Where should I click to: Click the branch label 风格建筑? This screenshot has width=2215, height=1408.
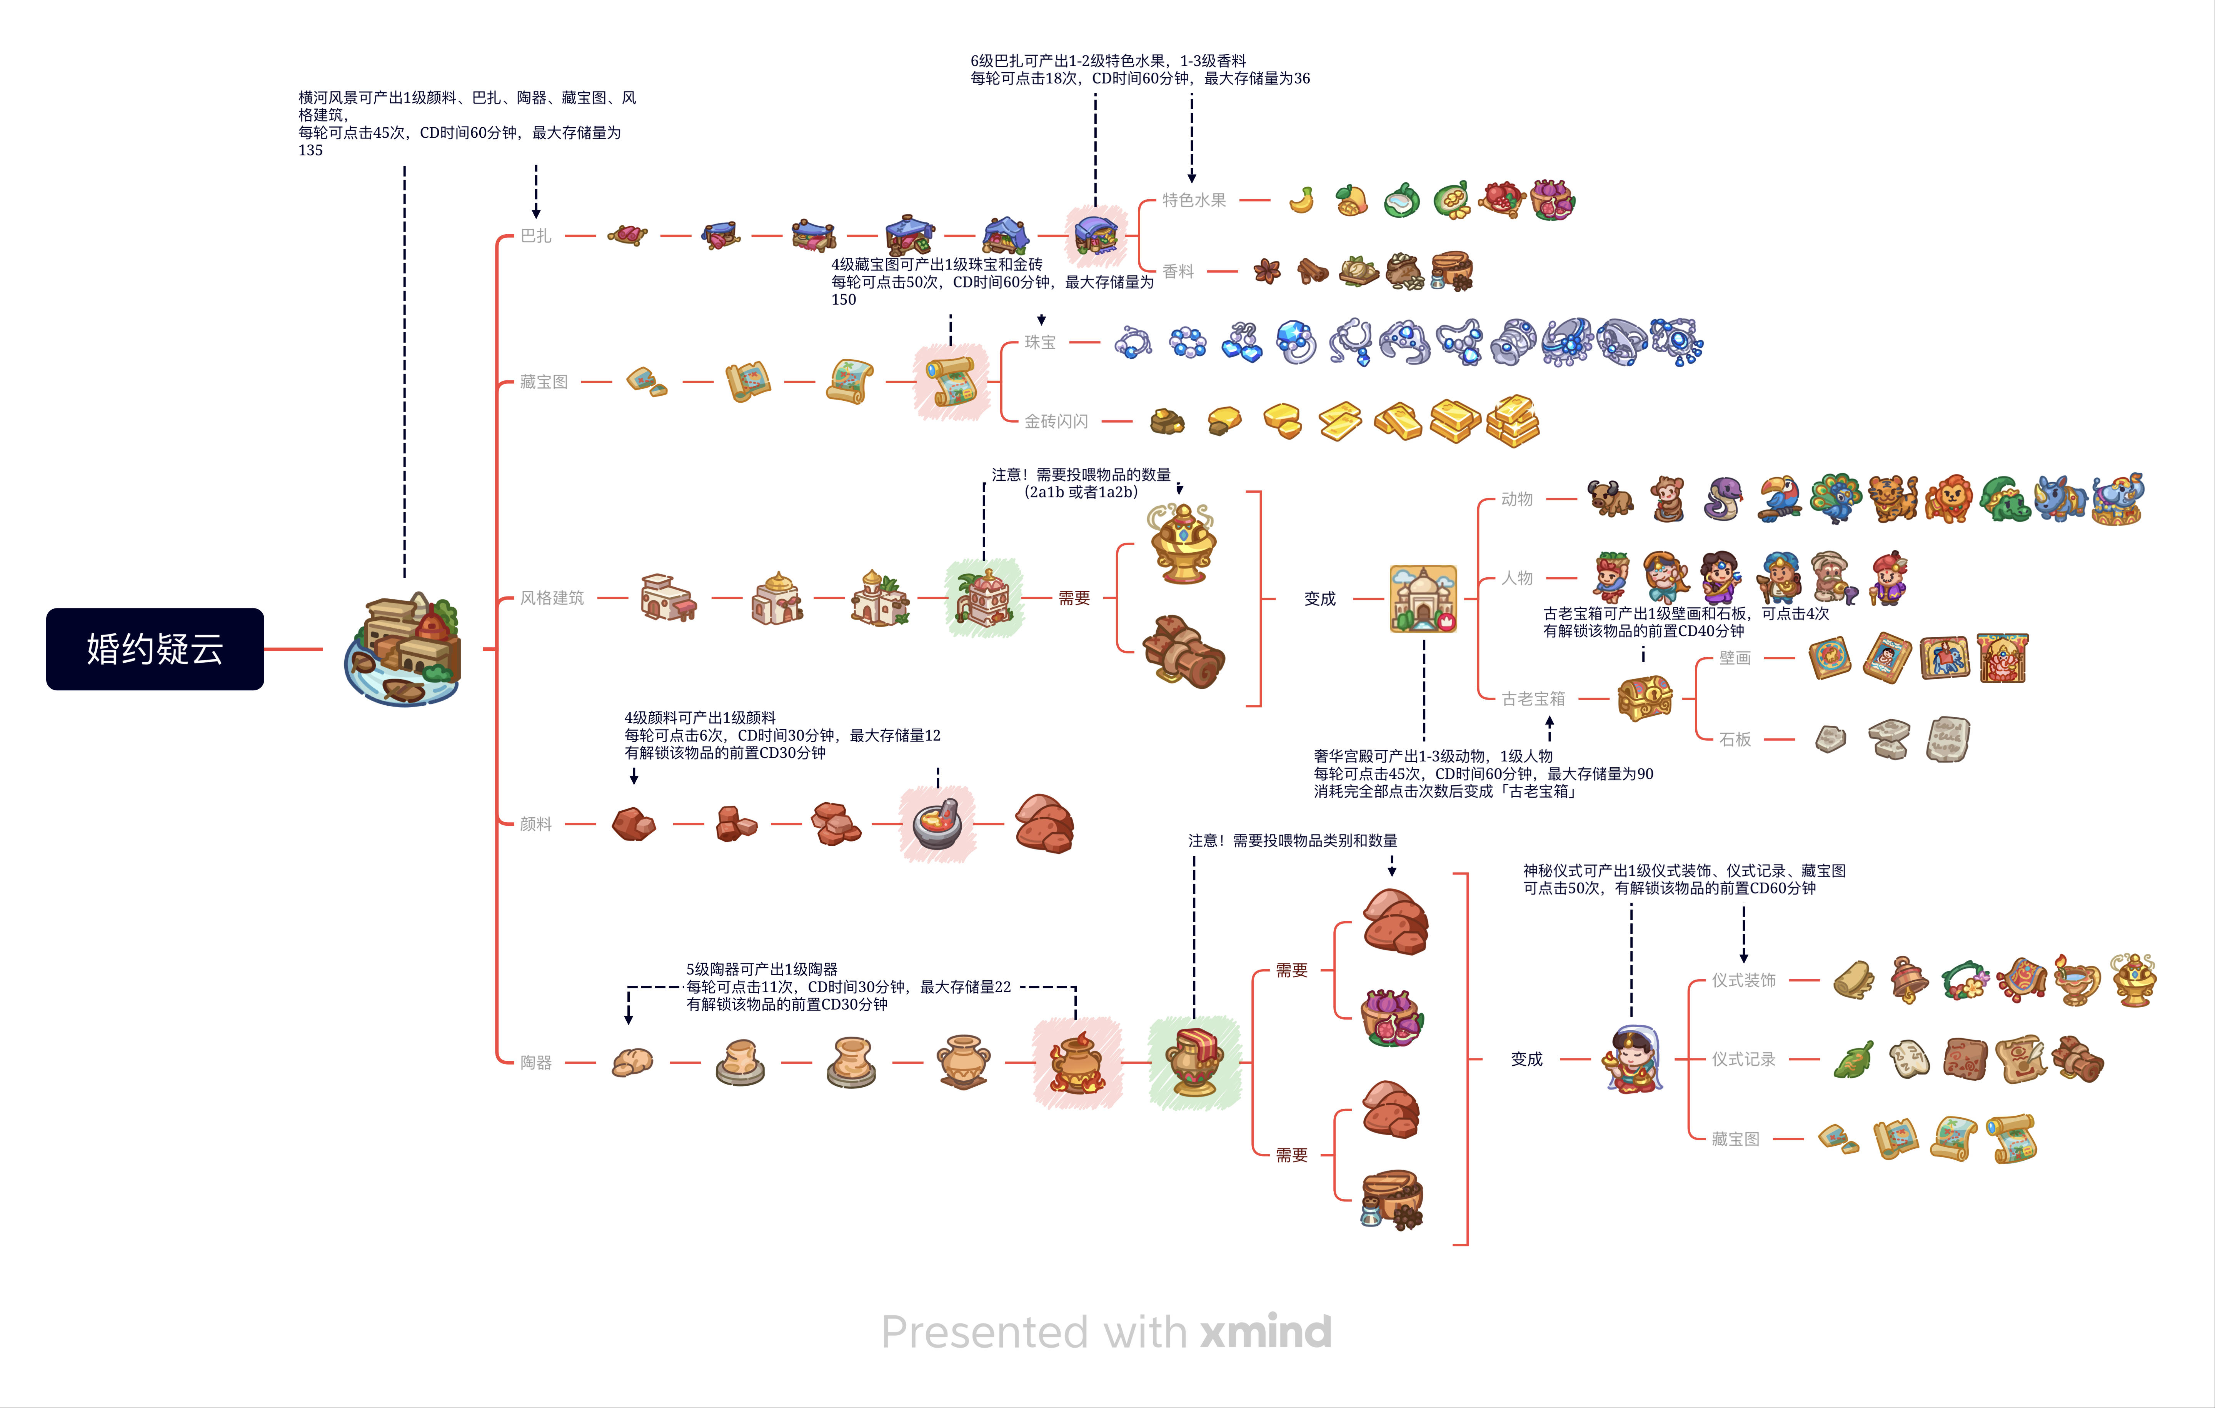pos(552,598)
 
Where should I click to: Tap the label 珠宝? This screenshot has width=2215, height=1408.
pos(1040,342)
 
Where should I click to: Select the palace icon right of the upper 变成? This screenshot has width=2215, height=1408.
pos(1423,599)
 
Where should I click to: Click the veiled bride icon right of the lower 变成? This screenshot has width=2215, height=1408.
pos(1633,1060)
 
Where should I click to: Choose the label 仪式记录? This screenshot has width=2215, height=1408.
pos(1743,1060)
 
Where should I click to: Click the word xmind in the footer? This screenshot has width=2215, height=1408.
pos(1266,1332)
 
